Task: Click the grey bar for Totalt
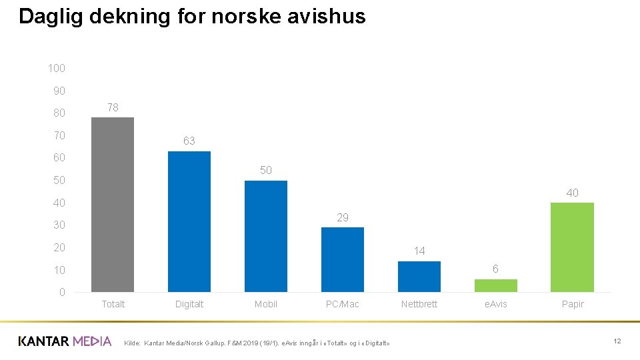point(113,205)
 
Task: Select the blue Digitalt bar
point(189,221)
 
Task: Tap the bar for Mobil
point(266,236)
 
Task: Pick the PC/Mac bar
point(343,259)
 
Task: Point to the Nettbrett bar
point(419,277)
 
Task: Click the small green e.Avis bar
point(496,285)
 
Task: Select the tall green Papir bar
point(572,247)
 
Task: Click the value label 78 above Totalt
point(113,107)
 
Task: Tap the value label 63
point(189,141)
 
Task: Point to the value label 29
point(343,217)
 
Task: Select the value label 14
point(419,251)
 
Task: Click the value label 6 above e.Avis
point(495,269)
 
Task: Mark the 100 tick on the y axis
point(57,68)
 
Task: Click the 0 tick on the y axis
point(62,293)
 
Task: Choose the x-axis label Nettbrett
point(419,305)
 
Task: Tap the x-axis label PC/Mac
point(343,305)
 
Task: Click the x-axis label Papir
point(573,305)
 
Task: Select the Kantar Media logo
point(65,341)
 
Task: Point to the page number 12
point(617,341)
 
